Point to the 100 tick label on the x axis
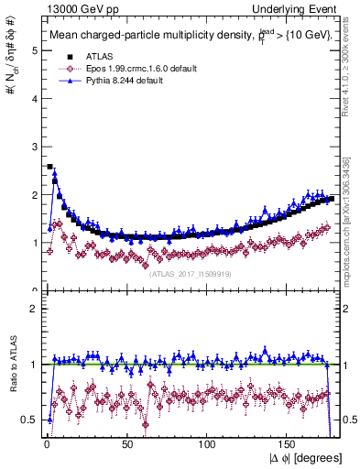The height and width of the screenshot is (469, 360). [x=207, y=444]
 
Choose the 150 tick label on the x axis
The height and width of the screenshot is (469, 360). [x=288, y=444]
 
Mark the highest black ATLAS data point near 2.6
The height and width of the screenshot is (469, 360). [x=49, y=167]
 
